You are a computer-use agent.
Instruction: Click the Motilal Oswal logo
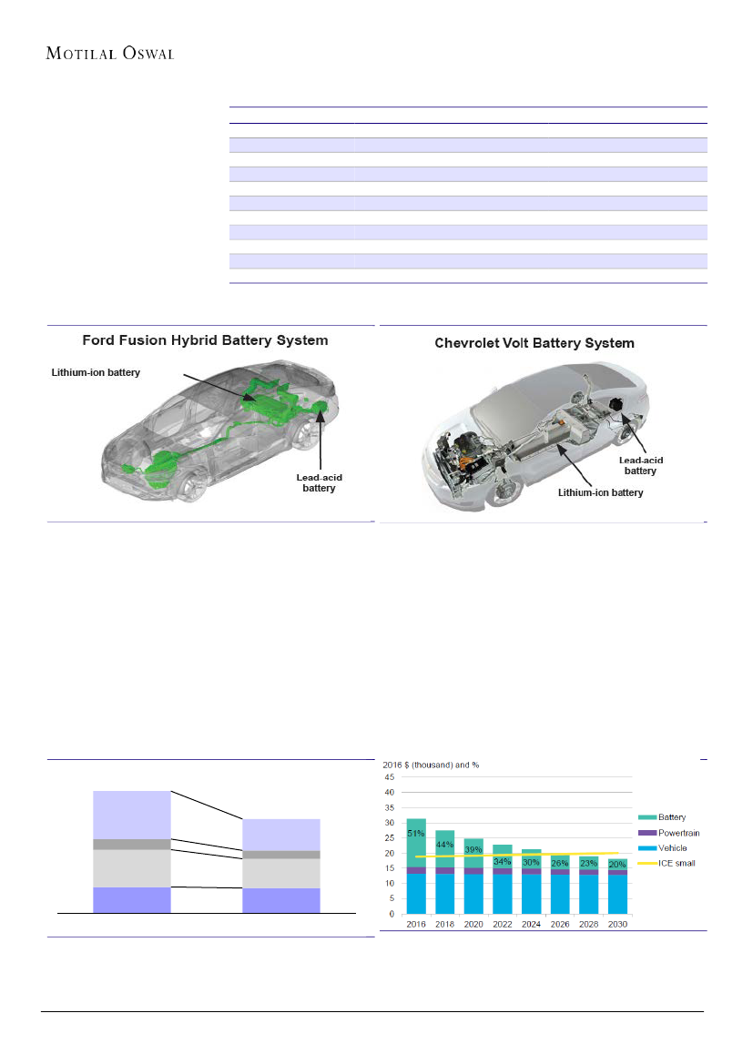point(110,53)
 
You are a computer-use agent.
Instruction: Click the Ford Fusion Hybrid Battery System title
point(206,340)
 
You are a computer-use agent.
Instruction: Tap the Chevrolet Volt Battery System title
point(534,343)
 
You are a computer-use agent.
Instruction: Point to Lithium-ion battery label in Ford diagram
point(96,371)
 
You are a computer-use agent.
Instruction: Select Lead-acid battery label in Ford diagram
point(319,482)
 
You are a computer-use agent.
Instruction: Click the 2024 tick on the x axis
point(532,924)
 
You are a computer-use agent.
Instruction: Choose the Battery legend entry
point(672,818)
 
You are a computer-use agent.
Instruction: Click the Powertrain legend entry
point(678,833)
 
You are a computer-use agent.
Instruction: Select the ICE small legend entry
point(676,862)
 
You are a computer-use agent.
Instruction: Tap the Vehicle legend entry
point(673,847)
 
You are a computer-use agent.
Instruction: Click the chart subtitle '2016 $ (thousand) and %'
point(430,765)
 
